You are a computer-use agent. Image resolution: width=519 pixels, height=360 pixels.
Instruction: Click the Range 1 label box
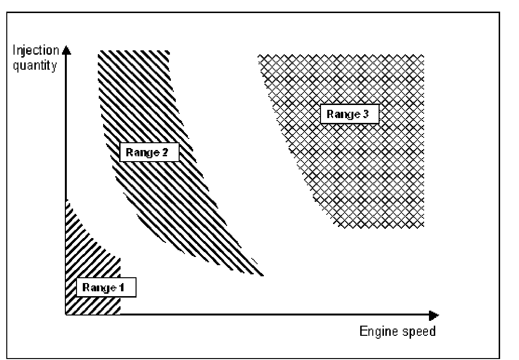point(106,287)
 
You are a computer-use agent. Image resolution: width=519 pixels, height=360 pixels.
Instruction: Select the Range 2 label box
point(150,152)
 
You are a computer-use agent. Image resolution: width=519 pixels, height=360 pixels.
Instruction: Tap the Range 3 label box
point(349,115)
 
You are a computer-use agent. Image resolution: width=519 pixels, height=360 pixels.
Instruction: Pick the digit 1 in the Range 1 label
point(122,287)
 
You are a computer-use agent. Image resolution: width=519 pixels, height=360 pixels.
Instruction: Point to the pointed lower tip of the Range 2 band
point(262,275)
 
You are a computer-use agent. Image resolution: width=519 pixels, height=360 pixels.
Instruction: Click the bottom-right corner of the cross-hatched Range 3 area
point(424,226)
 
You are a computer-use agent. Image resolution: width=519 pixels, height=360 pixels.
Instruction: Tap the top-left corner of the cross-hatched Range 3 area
point(259,56)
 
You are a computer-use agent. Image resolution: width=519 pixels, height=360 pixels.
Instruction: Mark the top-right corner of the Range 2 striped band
point(169,52)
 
